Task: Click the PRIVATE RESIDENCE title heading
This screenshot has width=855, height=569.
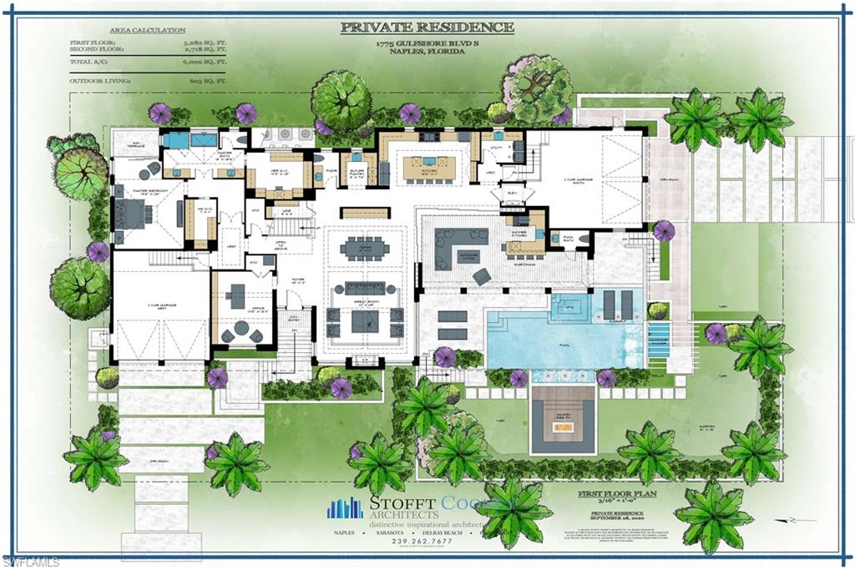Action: tap(427, 27)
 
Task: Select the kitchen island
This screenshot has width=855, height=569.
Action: tap(429, 169)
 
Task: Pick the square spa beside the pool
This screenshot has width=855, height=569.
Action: tap(569, 305)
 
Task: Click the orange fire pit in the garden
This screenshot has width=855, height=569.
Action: tap(564, 428)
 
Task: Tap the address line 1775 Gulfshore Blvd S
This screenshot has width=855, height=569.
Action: tap(427, 43)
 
